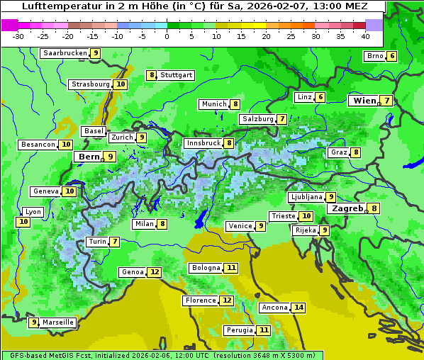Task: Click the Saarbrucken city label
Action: pos(65,53)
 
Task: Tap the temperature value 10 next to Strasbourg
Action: pos(121,84)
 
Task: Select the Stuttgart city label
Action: pos(176,75)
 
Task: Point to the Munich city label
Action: pos(213,104)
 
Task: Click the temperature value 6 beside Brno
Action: pos(391,57)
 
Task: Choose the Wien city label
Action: pos(364,101)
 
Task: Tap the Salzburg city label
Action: pos(257,119)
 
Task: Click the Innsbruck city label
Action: pos(203,143)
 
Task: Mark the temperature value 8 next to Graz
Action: pos(355,152)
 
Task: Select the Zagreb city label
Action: pos(347,208)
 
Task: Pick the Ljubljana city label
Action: pos(306,197)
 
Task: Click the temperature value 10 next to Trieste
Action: pos(306,216)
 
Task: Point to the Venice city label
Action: pos(240,226)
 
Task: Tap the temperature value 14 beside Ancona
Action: pos(299,308)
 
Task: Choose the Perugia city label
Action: pos(238,330)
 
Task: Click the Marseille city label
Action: pos(57,322)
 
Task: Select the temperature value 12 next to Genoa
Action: pos(155,272)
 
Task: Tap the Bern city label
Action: pos(89,157)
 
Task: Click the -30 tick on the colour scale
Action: pos(18,35)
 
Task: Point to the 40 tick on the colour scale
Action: pos(365,35)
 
